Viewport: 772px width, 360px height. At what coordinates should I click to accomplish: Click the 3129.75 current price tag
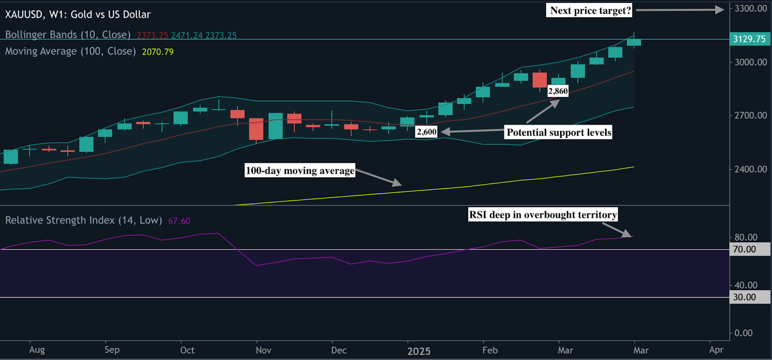click(x=749, y=39)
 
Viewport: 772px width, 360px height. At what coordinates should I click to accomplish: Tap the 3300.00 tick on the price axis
click(x=750, y=9)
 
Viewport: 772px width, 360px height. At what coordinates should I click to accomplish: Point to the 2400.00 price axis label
click(x=750, y=169)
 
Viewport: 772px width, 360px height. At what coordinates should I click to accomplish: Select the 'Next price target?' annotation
click(x=591, y=11)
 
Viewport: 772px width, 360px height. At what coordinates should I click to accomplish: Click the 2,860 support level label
click(x=558, y=91)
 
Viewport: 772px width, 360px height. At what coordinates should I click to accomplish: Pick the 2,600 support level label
click(x=427, y=132)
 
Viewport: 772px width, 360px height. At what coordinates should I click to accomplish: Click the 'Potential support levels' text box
click(x=559, y=133)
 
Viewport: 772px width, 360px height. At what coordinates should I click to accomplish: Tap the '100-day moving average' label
click(x=300, y=170)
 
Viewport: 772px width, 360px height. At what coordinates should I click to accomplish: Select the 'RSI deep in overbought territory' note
click(x=543, y=215)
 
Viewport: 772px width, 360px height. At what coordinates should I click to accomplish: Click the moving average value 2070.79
click(x=158, y=52)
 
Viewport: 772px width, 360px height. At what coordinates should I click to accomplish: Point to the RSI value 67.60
click(x=179, y=221)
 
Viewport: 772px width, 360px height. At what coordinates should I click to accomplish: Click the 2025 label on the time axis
click(x=418, y=351)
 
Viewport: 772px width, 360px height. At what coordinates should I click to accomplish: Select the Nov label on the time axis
click(x=263, y=350)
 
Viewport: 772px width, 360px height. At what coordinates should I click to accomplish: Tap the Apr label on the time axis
click(x=716, y=350)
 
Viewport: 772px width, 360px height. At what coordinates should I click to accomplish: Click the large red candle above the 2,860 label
click(x=539, y=80)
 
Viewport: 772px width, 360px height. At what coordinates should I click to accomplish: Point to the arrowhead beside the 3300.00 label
click(x=720, y=9)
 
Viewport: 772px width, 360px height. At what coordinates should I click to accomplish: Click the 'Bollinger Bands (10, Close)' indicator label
click(x=68, y=35)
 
